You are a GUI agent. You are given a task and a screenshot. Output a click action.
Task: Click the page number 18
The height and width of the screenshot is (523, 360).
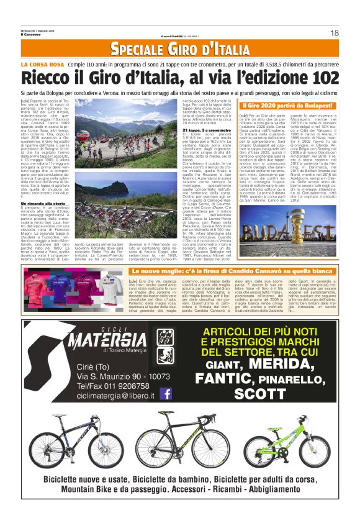334,32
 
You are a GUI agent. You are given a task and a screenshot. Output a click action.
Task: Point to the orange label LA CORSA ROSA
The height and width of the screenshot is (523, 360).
42,65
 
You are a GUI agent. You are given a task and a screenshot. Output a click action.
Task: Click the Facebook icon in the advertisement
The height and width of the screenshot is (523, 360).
166,393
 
